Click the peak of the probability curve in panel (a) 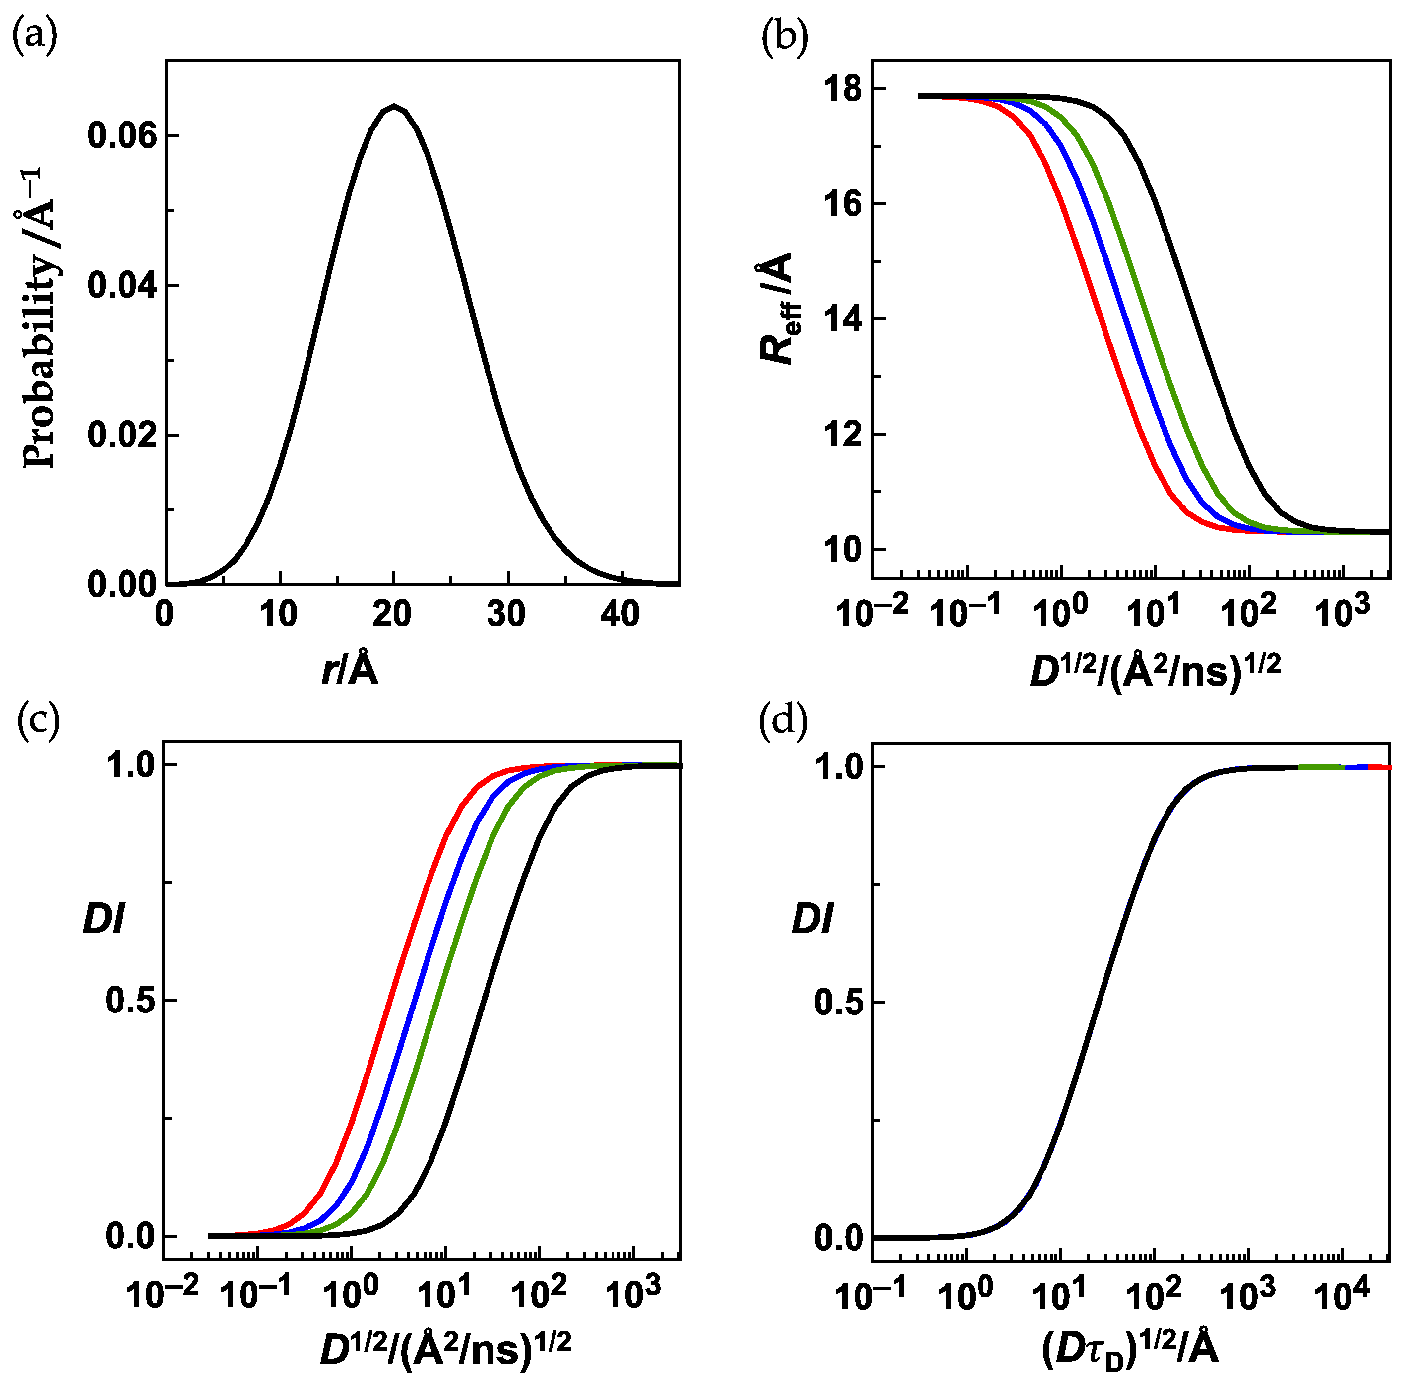point(393,106)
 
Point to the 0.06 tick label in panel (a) point(122,136)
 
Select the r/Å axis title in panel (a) point(350,669)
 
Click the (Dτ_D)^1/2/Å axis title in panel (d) point(1129,1351)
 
